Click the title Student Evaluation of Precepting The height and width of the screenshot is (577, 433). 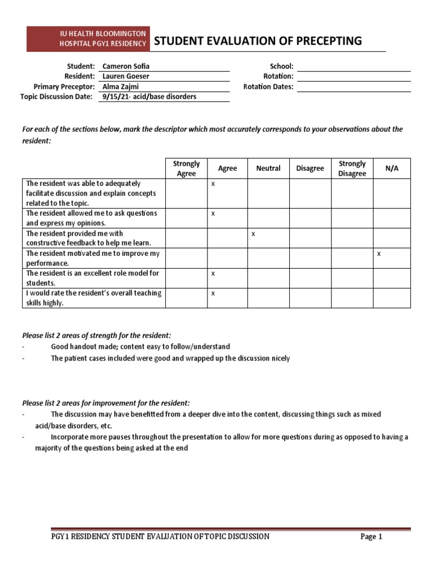pyautogui.click(x=258, y=41)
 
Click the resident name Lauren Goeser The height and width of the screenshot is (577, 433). pyautogui.click(x=126, y=76)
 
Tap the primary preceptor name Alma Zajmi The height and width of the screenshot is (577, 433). pyautogui.click(x=120, y=86)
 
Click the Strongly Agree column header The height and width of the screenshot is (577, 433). pyautogui.click(x=186, y=168)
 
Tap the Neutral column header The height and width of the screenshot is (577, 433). pyautogui.click(x=268, y=168)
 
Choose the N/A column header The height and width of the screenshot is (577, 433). pyautogui.click(x=391, y=168)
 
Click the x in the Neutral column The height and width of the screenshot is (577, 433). pyautogui.click(x=253, y=234)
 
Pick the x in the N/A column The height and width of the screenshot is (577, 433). pyautogui.click(x=379, y=254)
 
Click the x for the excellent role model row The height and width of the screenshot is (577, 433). pyautogui.click(x=213, y=274)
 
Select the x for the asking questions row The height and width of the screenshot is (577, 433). pyautogui.click(x=213, y=214)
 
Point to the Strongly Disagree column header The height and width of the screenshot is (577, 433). pyautogui.click(x=352, y=168)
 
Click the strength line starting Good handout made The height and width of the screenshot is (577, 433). pyautogui.click(x=140, y=347)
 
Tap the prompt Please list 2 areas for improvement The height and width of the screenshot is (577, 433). pyautogui.click(x=106, y=403)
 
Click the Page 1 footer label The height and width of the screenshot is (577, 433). pyautogui.click(x=372, y=536)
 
